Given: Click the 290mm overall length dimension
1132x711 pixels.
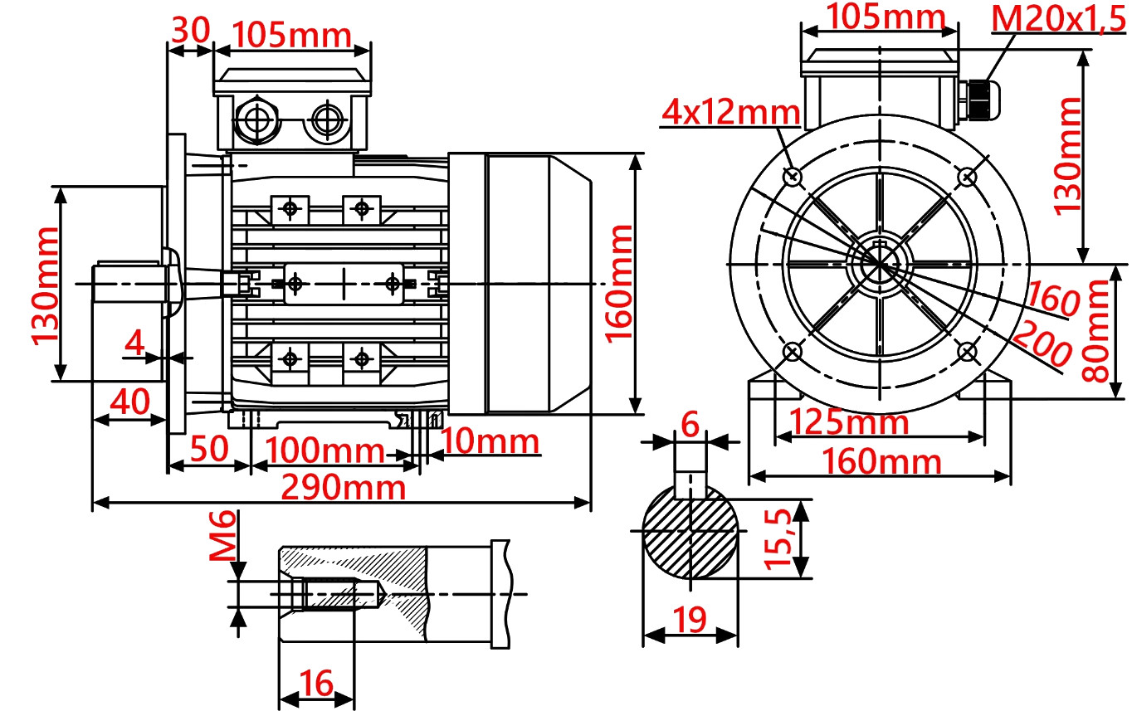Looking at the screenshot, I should pos(343,487).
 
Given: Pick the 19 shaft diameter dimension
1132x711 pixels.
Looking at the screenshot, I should pos(690,618).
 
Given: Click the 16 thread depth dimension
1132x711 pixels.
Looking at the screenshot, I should pos(316,684).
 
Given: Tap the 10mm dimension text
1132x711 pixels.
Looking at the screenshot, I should pos(490,441).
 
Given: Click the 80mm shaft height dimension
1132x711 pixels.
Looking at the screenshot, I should pos(1098,330).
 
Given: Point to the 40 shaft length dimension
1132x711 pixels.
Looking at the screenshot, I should pos(130,402).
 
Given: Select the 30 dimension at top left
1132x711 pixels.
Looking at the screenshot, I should pos(189,30).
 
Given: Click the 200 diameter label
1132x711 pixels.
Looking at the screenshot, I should pos(1041,343).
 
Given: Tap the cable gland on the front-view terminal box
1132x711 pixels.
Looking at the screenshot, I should pos(980,97).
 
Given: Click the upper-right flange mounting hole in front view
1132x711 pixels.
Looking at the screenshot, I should pos(967,176).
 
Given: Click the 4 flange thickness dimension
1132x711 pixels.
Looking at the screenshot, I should pos(134,341).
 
